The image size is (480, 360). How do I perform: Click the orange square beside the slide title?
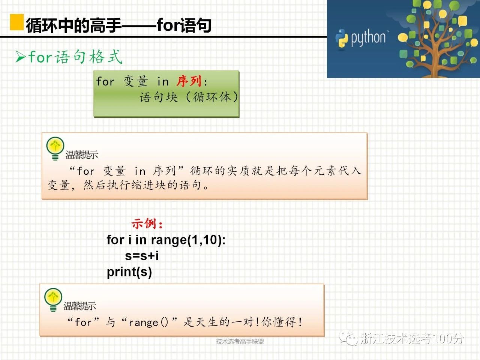click(17, 22)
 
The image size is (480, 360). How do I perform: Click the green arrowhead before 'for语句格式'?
click(21, 57)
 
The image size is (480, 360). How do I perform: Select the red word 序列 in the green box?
click(189, 81)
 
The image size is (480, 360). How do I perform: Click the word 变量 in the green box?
click(136, 81)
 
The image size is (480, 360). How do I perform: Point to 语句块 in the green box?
click(159, 97)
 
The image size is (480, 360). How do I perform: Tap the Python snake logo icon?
click(341, 39)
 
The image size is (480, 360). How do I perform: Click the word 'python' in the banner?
click(368, 38)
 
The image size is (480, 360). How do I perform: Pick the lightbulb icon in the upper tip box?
click(55, 148)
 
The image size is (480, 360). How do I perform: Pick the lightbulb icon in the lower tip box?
click(53, 300)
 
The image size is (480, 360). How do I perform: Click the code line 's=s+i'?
click(142, 255)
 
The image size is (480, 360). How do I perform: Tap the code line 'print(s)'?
click(129, 272)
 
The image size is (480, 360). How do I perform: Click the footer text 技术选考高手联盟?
click(240, 341)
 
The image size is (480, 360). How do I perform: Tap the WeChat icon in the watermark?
click(348, 338)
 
